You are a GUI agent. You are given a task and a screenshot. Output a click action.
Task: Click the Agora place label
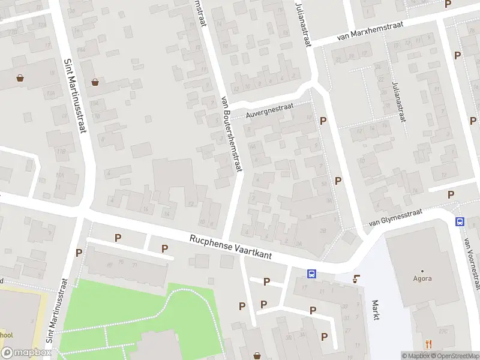(422, 278)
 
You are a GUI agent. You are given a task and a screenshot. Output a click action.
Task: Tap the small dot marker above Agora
(422, 271)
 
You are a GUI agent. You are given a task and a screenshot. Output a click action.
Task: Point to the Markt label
(376, 310)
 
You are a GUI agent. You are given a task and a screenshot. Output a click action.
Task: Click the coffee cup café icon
(357, 278)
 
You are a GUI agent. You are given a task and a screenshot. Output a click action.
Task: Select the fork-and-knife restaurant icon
(428, 344)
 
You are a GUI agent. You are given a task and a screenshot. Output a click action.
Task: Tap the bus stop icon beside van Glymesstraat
(460, 221)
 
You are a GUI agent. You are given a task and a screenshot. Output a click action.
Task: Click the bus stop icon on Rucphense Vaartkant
(312, 274)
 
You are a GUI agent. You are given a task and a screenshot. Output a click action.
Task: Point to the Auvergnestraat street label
(270, 110)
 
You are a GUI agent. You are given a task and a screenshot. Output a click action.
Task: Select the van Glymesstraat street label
(395, 217)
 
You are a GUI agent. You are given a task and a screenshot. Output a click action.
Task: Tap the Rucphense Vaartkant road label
(231, 247)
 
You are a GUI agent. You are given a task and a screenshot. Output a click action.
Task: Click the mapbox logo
(25, 352)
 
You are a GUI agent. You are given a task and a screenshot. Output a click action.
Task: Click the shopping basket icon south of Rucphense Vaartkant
(257, 356)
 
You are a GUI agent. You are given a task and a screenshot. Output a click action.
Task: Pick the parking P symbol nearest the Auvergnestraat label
(323, 121)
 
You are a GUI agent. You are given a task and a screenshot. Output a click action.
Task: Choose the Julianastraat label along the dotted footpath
(398, 100)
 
